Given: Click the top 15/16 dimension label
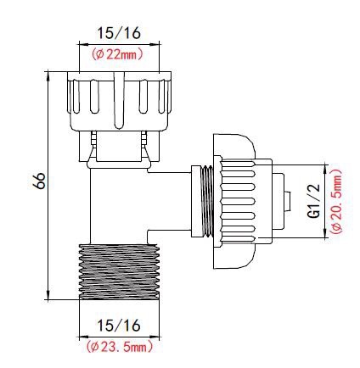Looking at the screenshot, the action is (x=119, y=33).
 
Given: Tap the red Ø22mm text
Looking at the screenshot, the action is (x=117, y=54).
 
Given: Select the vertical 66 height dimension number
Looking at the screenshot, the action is (x=39, y=181).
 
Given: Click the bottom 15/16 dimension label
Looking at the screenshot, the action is (x=119, y=326).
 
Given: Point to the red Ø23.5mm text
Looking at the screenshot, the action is (x=120, y=346).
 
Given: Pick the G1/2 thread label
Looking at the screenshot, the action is (x=314, y=201).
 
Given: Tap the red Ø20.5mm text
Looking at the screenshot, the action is (x=336, y=201).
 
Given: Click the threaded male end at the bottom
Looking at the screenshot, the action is (x=119, y=272).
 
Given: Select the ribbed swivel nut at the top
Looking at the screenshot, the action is (x=119, y=101).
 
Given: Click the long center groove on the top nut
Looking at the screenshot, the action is (x=119, y=100).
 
